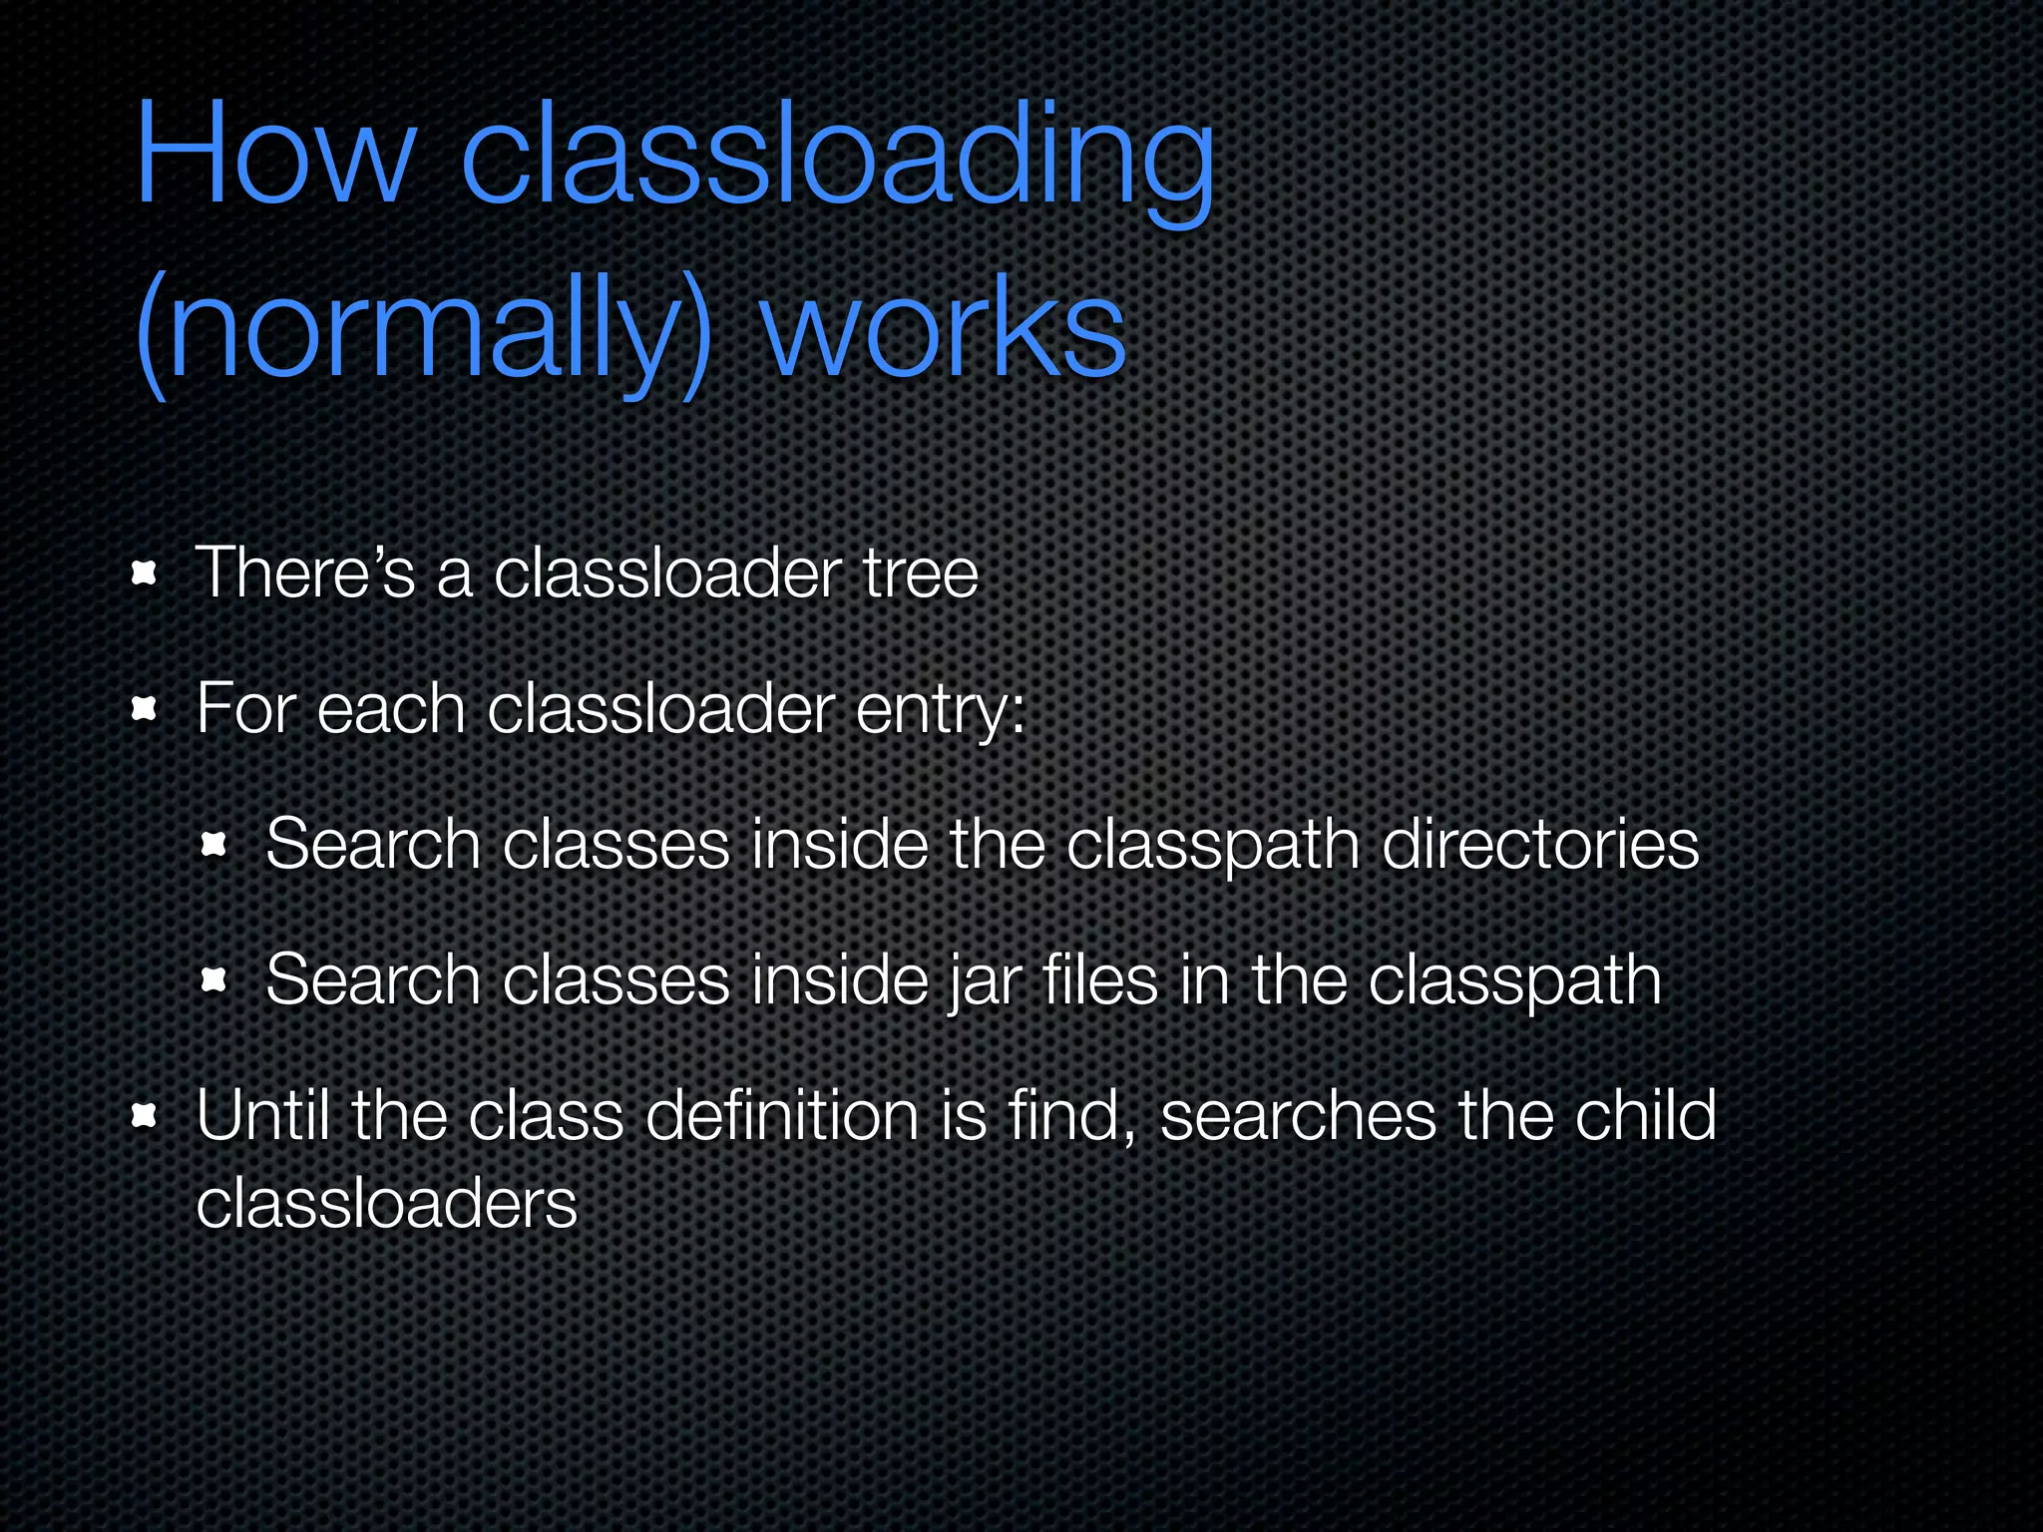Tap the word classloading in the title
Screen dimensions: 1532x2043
(x=838, y=160)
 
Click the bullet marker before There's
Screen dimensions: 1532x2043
(x=145, y=574)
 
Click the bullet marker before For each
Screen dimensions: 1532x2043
(x=145, y=709)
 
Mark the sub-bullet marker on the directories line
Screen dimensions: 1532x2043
(x=213, y=846)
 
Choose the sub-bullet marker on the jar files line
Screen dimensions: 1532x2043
(x=213, y=980)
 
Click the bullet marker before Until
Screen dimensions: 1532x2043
(x=145, y=1115)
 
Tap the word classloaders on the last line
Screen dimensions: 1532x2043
(x=387, y=1203)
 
